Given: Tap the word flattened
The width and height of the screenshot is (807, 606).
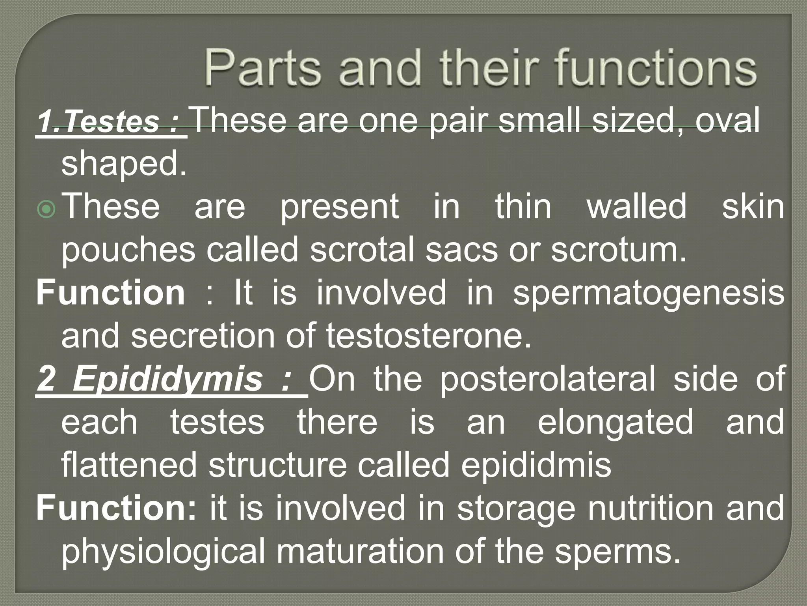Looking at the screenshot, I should point(129,465).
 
